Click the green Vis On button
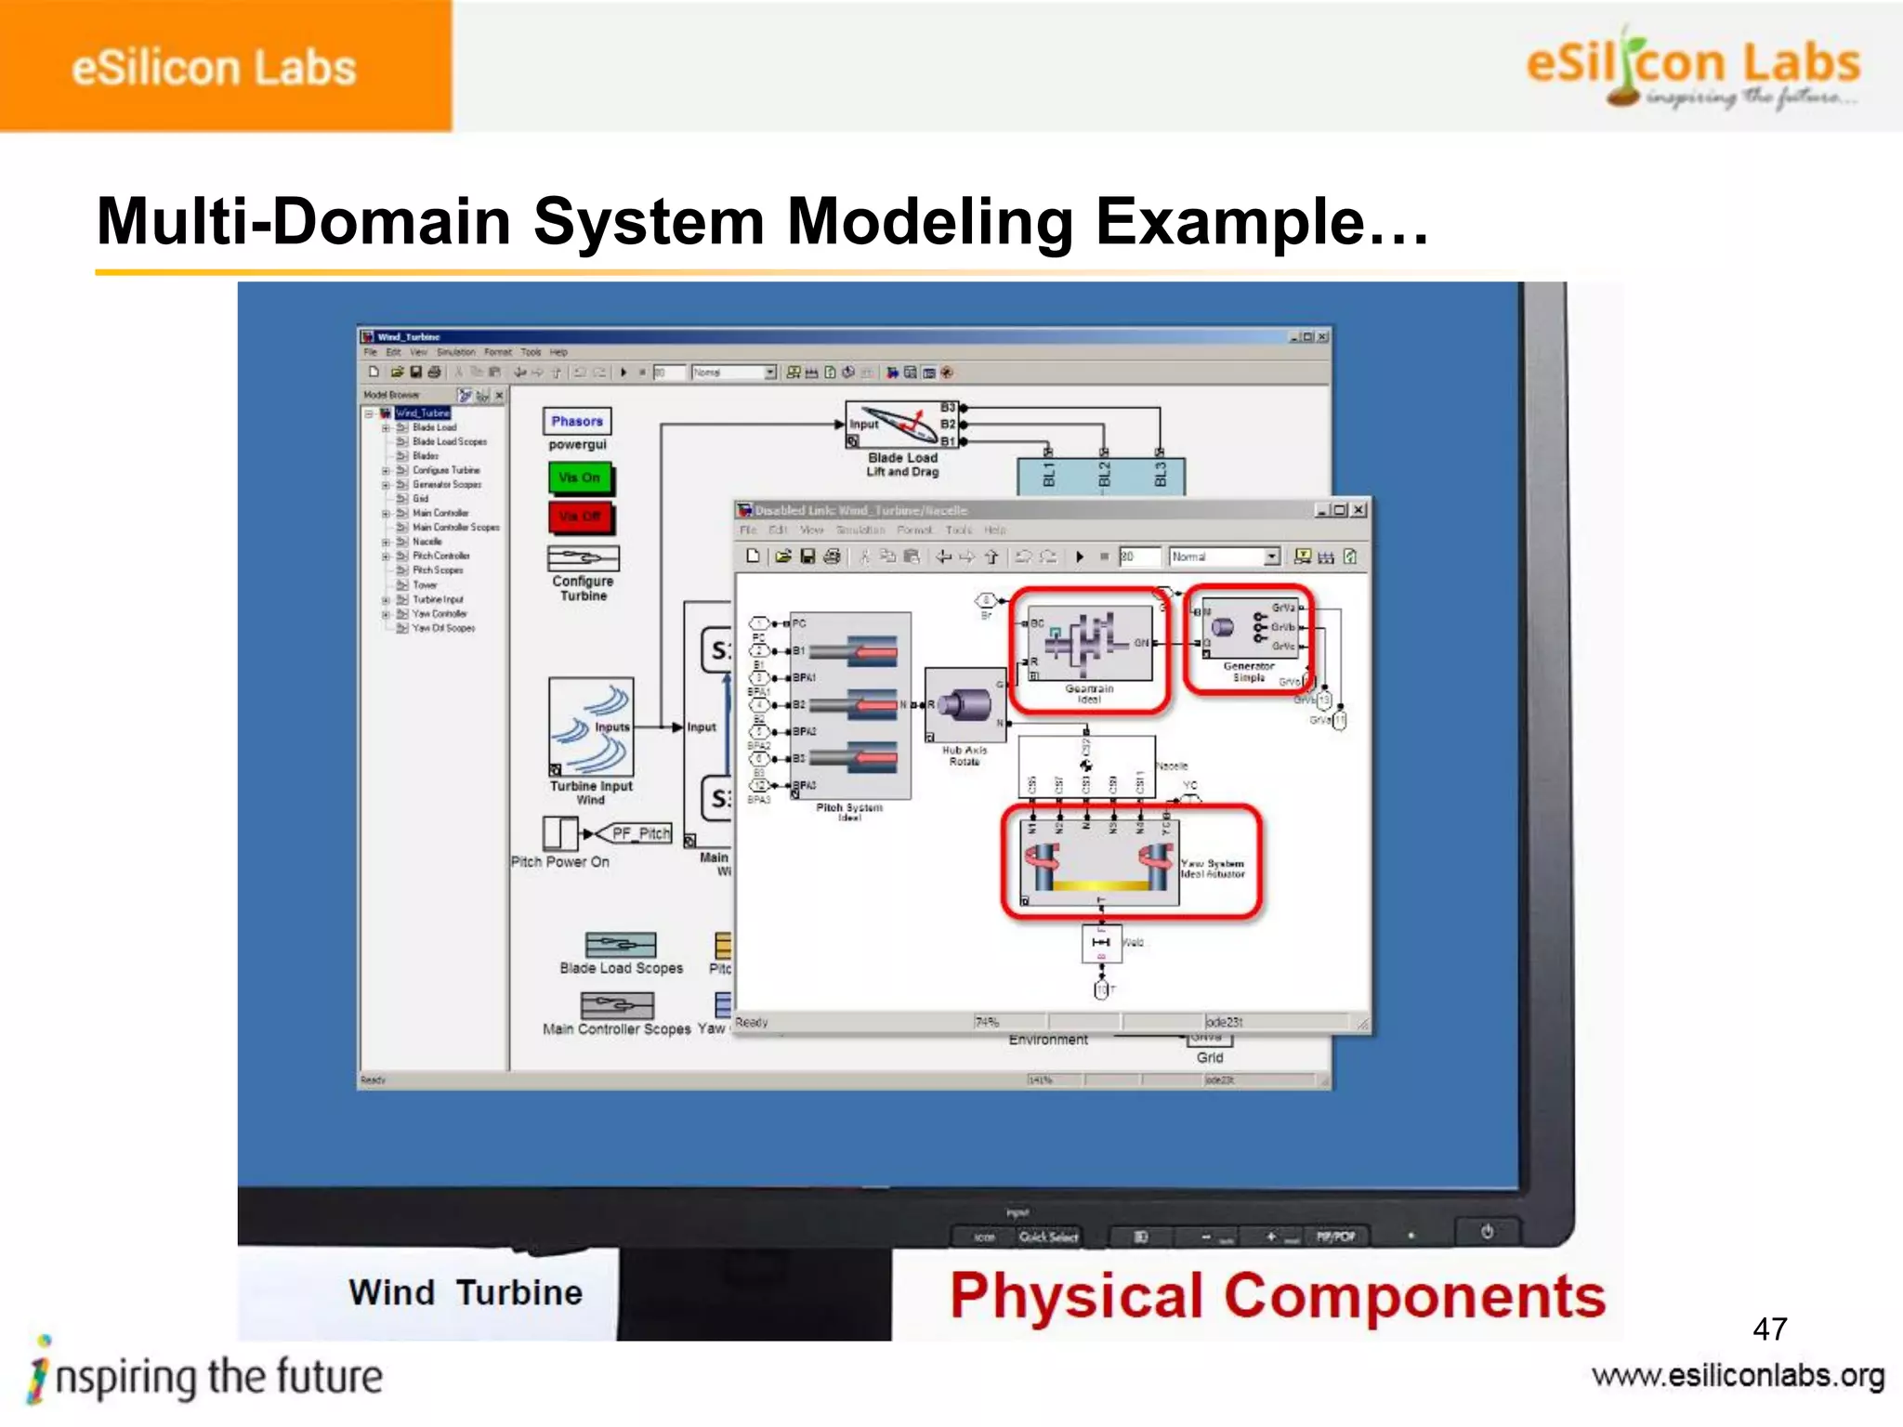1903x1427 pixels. coord(580,478)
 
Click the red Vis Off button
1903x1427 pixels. coord(580,517)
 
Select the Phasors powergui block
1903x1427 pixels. coord(577,421)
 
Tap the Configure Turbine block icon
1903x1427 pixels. coord(583,557)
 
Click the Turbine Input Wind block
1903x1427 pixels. coord(591,727)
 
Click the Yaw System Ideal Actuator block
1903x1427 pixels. coord(1101,862)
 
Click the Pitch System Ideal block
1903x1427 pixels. coord(850,705)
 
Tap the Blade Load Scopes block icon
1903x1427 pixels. coord(621,945)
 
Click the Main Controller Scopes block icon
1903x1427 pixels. coord(617,1005)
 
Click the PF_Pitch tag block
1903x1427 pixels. coord(639,833)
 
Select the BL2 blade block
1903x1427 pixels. coord(1104,476)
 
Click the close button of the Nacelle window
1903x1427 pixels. coord(1358,510)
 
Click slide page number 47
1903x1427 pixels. coord(1769,1329)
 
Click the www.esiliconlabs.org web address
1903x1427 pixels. coord(1738,1376)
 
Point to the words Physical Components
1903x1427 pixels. coord(1277,1296)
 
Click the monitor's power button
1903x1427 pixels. coord(1487,1232)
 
